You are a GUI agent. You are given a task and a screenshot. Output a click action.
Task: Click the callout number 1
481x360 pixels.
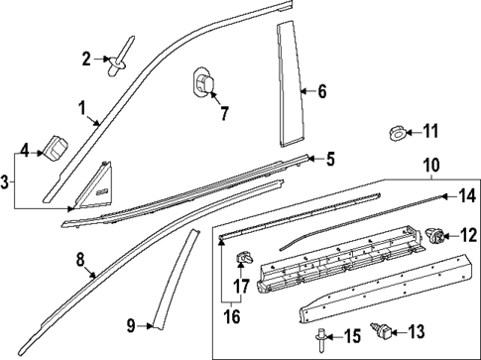coord(82,107)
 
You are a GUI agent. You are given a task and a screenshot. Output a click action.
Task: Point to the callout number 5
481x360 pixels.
coord(331,157)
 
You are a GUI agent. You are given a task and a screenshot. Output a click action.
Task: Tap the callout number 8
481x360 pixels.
coord(80,261)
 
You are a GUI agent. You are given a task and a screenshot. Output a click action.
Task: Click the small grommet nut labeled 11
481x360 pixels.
coord(395,131)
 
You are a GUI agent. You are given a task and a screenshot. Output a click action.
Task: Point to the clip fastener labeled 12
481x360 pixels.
coord(434,235)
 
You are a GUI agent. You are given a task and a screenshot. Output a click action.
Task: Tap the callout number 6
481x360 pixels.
coord(321,92)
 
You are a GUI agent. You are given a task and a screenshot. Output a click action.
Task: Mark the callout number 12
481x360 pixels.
coord(467,236)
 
